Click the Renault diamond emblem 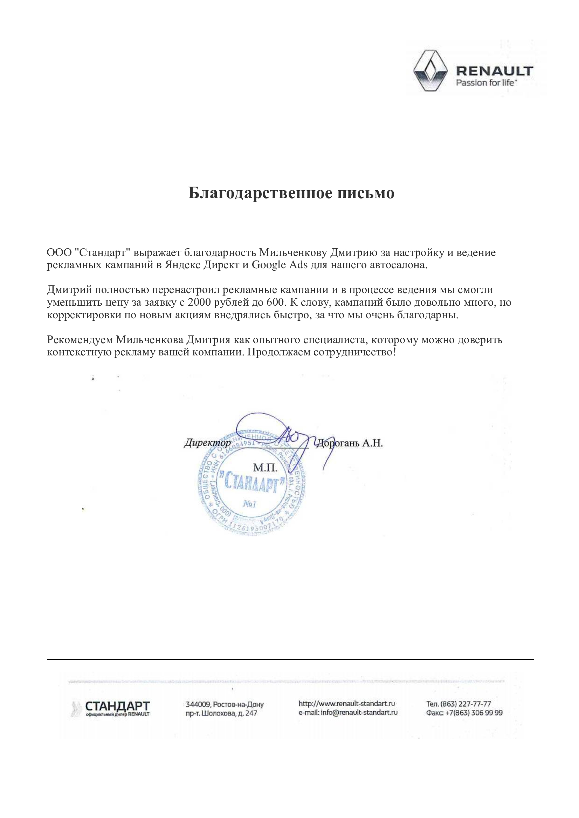point(430,71)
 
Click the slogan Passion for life point(486,83)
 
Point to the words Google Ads point(280,265)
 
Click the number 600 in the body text point(276,302)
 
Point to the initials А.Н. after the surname point(373,443)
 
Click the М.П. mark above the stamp point(265,467)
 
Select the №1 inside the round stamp point(249,504)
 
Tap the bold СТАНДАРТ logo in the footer point(117,706)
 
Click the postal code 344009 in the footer point(198,704)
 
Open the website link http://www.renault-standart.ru point(346,703)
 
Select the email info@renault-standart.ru point(359,713)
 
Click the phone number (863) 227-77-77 point(466,704)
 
